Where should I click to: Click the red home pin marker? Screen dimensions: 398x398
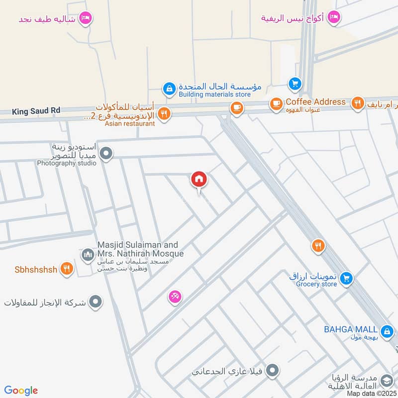coord(199,180)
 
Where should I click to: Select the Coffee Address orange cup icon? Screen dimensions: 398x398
coord(275,104)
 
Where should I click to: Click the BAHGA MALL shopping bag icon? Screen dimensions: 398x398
coord(386,331)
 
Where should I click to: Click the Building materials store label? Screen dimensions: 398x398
coord(214,94)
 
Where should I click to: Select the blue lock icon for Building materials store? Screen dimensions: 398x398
coord(169,90)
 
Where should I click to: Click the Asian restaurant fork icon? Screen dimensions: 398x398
coord(165,114)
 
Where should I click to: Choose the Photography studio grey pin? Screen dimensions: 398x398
coord(105,155)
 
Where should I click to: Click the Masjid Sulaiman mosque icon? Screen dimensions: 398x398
coord(88,255)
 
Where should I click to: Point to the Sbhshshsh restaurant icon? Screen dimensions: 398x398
coord(66,269)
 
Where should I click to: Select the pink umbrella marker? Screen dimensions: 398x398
coord(175,297)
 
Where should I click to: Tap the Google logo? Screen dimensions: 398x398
coord(21,391)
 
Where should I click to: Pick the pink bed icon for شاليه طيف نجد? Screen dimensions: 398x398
coord(86,18)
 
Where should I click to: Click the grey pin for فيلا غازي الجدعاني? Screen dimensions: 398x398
coord(272,371)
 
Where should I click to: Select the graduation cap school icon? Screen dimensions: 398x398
coord(386,382)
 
